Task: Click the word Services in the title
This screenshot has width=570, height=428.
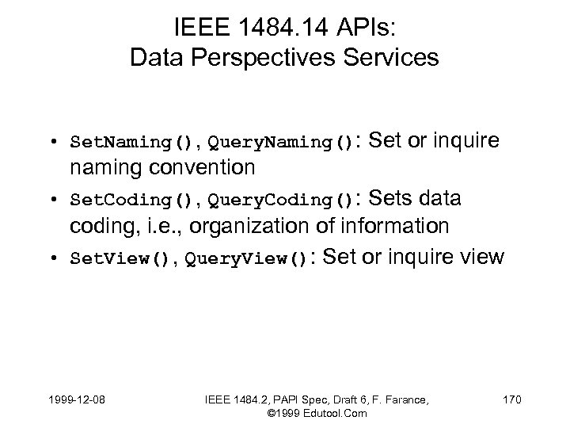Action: click(x=393, y=58)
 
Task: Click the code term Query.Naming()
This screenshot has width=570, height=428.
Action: click(x=277, y=144)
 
